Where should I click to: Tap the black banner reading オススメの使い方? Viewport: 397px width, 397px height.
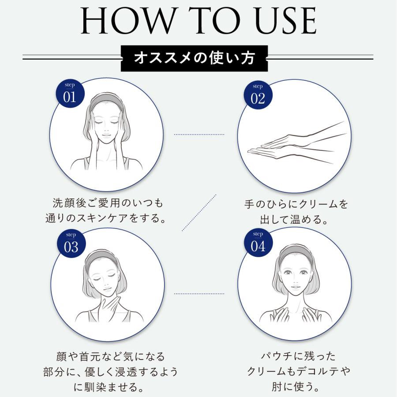coord(194,58)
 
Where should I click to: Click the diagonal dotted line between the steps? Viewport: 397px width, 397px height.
coord(199,212)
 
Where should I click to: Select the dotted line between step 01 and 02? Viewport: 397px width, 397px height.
coord(199,135)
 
